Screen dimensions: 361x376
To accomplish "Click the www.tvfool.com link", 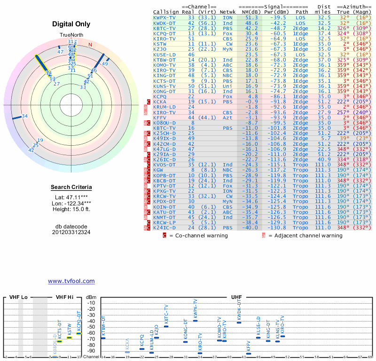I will [x=71, y=281].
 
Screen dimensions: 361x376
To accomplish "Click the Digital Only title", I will [x=71, y=24].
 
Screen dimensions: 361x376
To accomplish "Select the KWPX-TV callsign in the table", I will [x=165, y=17].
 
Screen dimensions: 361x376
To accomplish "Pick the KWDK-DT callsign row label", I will [x=165, y=23].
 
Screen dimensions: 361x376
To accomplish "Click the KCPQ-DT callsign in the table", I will [x=165, y=33].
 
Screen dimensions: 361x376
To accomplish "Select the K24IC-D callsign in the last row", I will [x=165, y=228].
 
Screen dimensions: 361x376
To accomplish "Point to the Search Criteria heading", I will [x=71, y=188].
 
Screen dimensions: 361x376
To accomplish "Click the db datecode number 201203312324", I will [x=71, y=232].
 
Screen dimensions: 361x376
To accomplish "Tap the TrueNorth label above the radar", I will [x=71, y=35].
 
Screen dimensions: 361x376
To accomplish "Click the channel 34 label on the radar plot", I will [x=25, y=116].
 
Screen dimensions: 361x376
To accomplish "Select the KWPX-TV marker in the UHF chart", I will [x=195, y=320].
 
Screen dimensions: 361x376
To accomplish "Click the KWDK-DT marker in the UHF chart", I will [x=239, y=322].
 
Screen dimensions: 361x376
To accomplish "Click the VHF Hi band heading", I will [x=65, y=298].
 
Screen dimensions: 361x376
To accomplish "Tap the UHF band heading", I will [x=237, y=298].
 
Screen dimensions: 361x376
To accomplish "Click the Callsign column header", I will [x=166, y=11].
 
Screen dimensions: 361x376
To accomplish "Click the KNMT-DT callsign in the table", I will [x=165, y=217].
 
